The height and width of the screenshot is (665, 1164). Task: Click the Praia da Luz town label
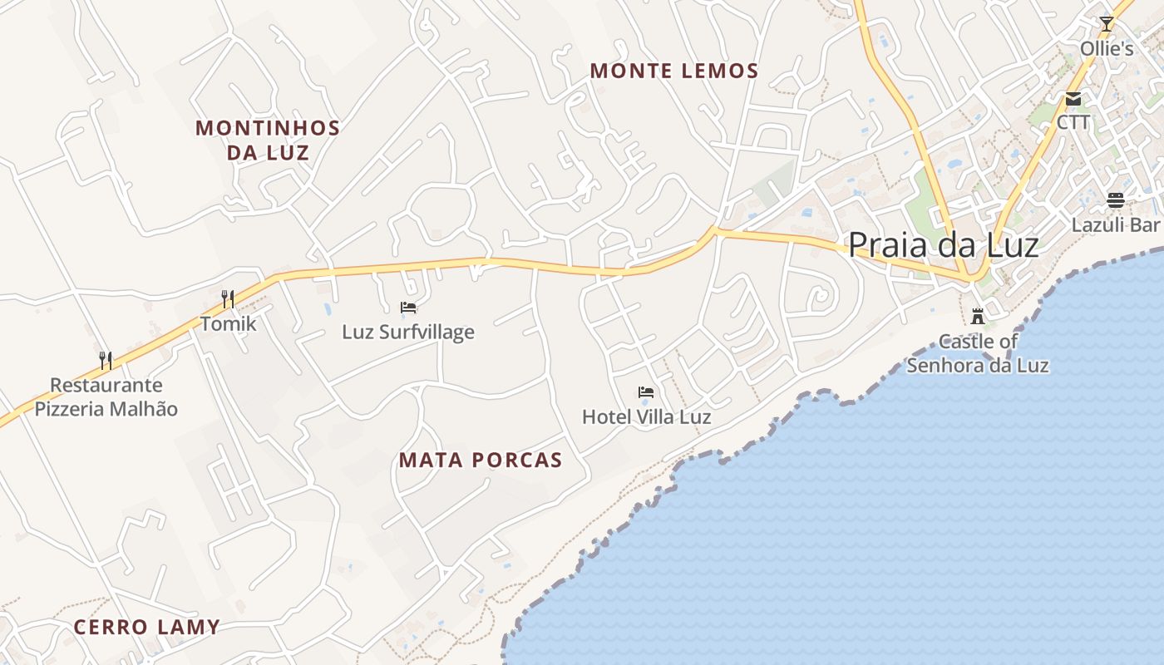pos(943,245)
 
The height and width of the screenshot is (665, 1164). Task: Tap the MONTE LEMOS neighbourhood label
pos(674,71)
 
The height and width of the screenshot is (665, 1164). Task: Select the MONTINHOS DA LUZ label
pos(268,140)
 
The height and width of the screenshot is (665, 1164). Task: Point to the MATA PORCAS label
pos(481,461)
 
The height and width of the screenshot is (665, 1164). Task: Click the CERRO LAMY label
pos(146,628)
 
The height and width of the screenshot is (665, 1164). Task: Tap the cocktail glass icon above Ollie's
pos(1106,24)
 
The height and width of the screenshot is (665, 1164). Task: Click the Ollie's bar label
pos(1107,49)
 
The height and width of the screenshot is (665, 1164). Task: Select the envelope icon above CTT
pos(1073,99)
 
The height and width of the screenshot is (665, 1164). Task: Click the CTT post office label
pos(1073,123)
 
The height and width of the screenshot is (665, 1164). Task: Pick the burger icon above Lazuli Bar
pos(1115,200)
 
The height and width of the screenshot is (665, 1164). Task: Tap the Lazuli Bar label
pos(1115,225)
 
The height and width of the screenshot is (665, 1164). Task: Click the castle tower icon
pos(978,316)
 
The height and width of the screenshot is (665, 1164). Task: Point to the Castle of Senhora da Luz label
pos(978,353)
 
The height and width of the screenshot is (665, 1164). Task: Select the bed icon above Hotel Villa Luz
pos(646,392)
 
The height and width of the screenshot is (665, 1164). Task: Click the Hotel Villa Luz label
pos(646,417)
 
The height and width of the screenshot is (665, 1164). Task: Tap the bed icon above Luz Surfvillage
pos(408,308)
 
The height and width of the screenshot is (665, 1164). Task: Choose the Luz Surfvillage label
pos(408,332)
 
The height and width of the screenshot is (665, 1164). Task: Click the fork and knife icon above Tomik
pos(228,298)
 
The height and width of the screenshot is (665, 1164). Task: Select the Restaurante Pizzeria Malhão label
pos(106,397)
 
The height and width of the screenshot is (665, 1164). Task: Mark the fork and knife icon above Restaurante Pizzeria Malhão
pos(106,360)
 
